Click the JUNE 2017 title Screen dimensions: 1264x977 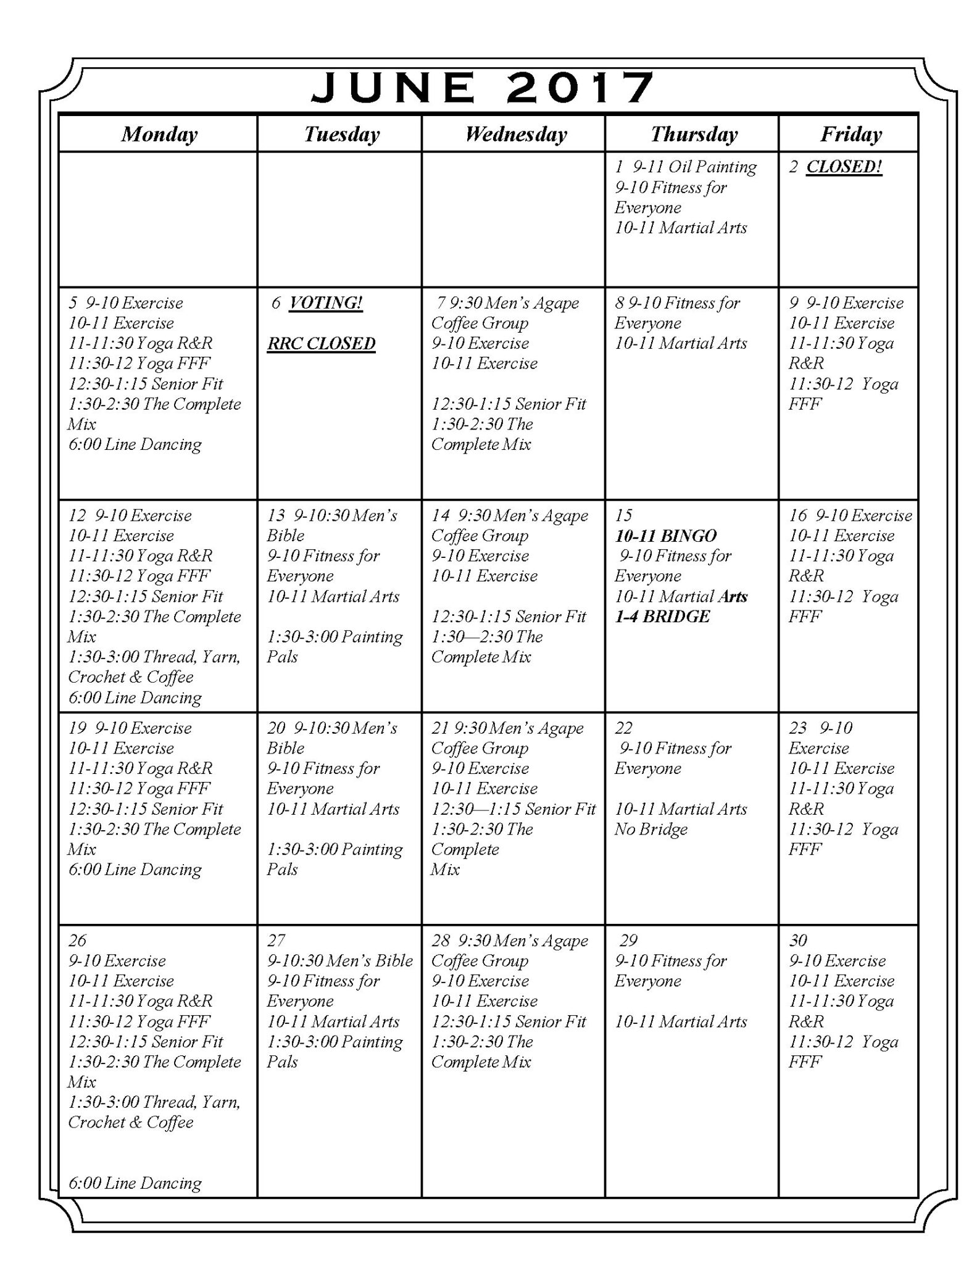point(482,87)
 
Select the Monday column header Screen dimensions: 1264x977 point(159,134)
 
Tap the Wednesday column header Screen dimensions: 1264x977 point(515,134)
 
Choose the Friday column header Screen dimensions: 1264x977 point(850,134)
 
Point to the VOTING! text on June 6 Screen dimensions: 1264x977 point(326,303)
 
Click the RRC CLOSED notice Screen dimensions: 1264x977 point(321,344)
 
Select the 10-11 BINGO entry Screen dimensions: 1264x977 point(665,536)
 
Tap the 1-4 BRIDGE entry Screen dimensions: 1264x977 point(662,617)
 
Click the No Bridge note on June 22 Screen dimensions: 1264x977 point(651,829)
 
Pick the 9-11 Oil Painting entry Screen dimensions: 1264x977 point(694,167)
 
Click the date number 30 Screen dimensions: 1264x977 point(797,941)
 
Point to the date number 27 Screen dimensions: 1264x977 point(276,941)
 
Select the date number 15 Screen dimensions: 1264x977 point(623,515)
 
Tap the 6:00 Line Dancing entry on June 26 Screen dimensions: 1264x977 point(135,1183)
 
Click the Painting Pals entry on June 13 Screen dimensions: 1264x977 point(334,646)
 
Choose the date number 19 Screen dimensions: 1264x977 point(77,728)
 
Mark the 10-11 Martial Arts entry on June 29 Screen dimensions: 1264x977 point(681,1021)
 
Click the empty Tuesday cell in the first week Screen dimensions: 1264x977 point(339,219)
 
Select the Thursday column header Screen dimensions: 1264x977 point(694,134)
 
